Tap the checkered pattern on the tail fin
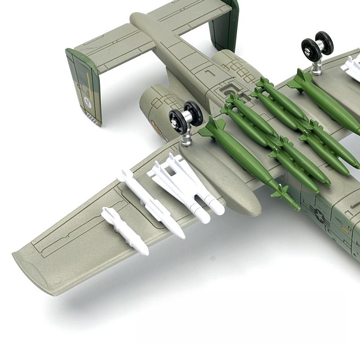[93, 118]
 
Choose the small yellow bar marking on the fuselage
[346, 229]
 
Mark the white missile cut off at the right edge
[351, 67]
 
